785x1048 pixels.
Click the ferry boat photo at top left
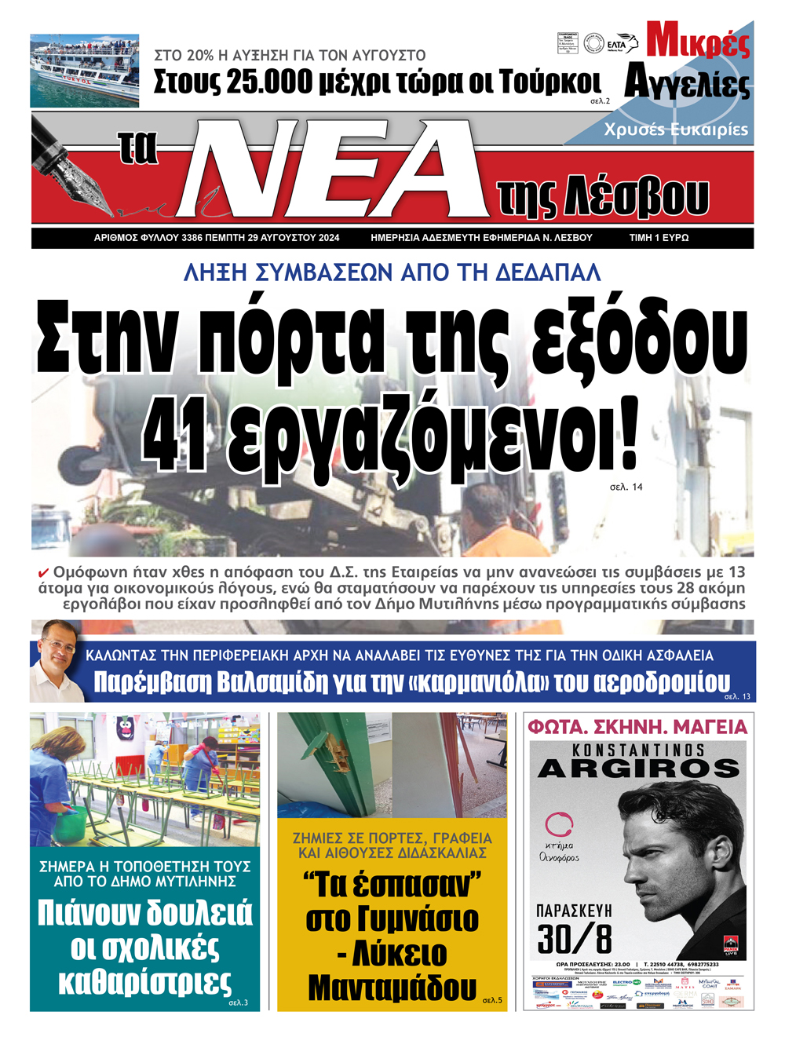click(x=85, y=71)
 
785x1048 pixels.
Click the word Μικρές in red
click(x=697, y=41)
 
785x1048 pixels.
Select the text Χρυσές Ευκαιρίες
click(x=676, y=130)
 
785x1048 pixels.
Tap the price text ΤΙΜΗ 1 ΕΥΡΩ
click(x=659, y=237)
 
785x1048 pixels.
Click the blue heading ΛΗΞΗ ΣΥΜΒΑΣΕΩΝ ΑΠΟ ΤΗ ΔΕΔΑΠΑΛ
click(x=392, y=272)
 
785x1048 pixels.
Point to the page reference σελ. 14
click(x=626, y=487)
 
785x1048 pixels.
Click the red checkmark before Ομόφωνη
click(x=44, y=573)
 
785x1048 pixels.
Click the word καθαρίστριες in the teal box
click(x=145, y=981)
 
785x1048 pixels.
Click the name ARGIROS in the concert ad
click(x=638, y=769)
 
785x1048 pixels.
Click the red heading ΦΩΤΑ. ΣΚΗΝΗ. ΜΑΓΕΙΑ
click(x=637, y=727)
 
